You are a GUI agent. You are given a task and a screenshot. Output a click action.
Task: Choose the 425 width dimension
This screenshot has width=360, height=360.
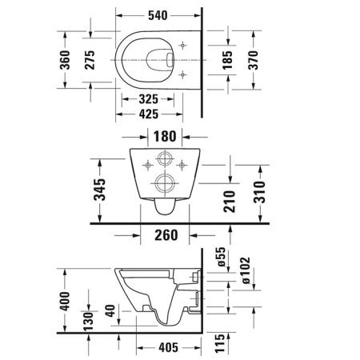(147, 114)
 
